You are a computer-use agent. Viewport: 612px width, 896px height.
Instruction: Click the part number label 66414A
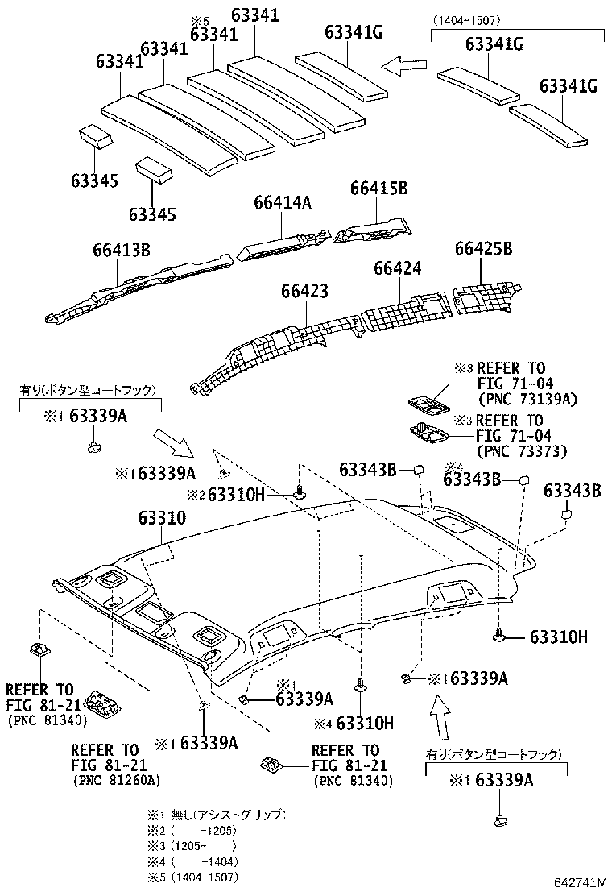(x=283, y=203)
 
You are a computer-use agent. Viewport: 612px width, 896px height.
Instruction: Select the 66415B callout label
(x=378, y=188)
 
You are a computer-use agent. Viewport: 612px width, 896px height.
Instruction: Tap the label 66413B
(x=121, y=250)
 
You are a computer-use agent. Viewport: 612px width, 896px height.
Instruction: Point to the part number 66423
(x=304, y=291)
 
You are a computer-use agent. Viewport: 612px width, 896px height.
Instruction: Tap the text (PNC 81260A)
(x=116, y=780)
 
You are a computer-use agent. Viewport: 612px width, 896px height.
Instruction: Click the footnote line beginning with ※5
(x=192, y=877)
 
